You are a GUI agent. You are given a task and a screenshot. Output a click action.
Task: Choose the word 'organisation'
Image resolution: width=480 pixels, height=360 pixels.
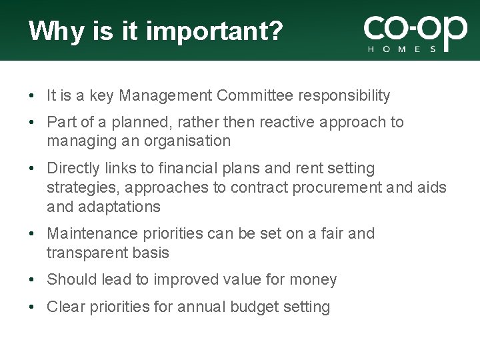tap(189, 141)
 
